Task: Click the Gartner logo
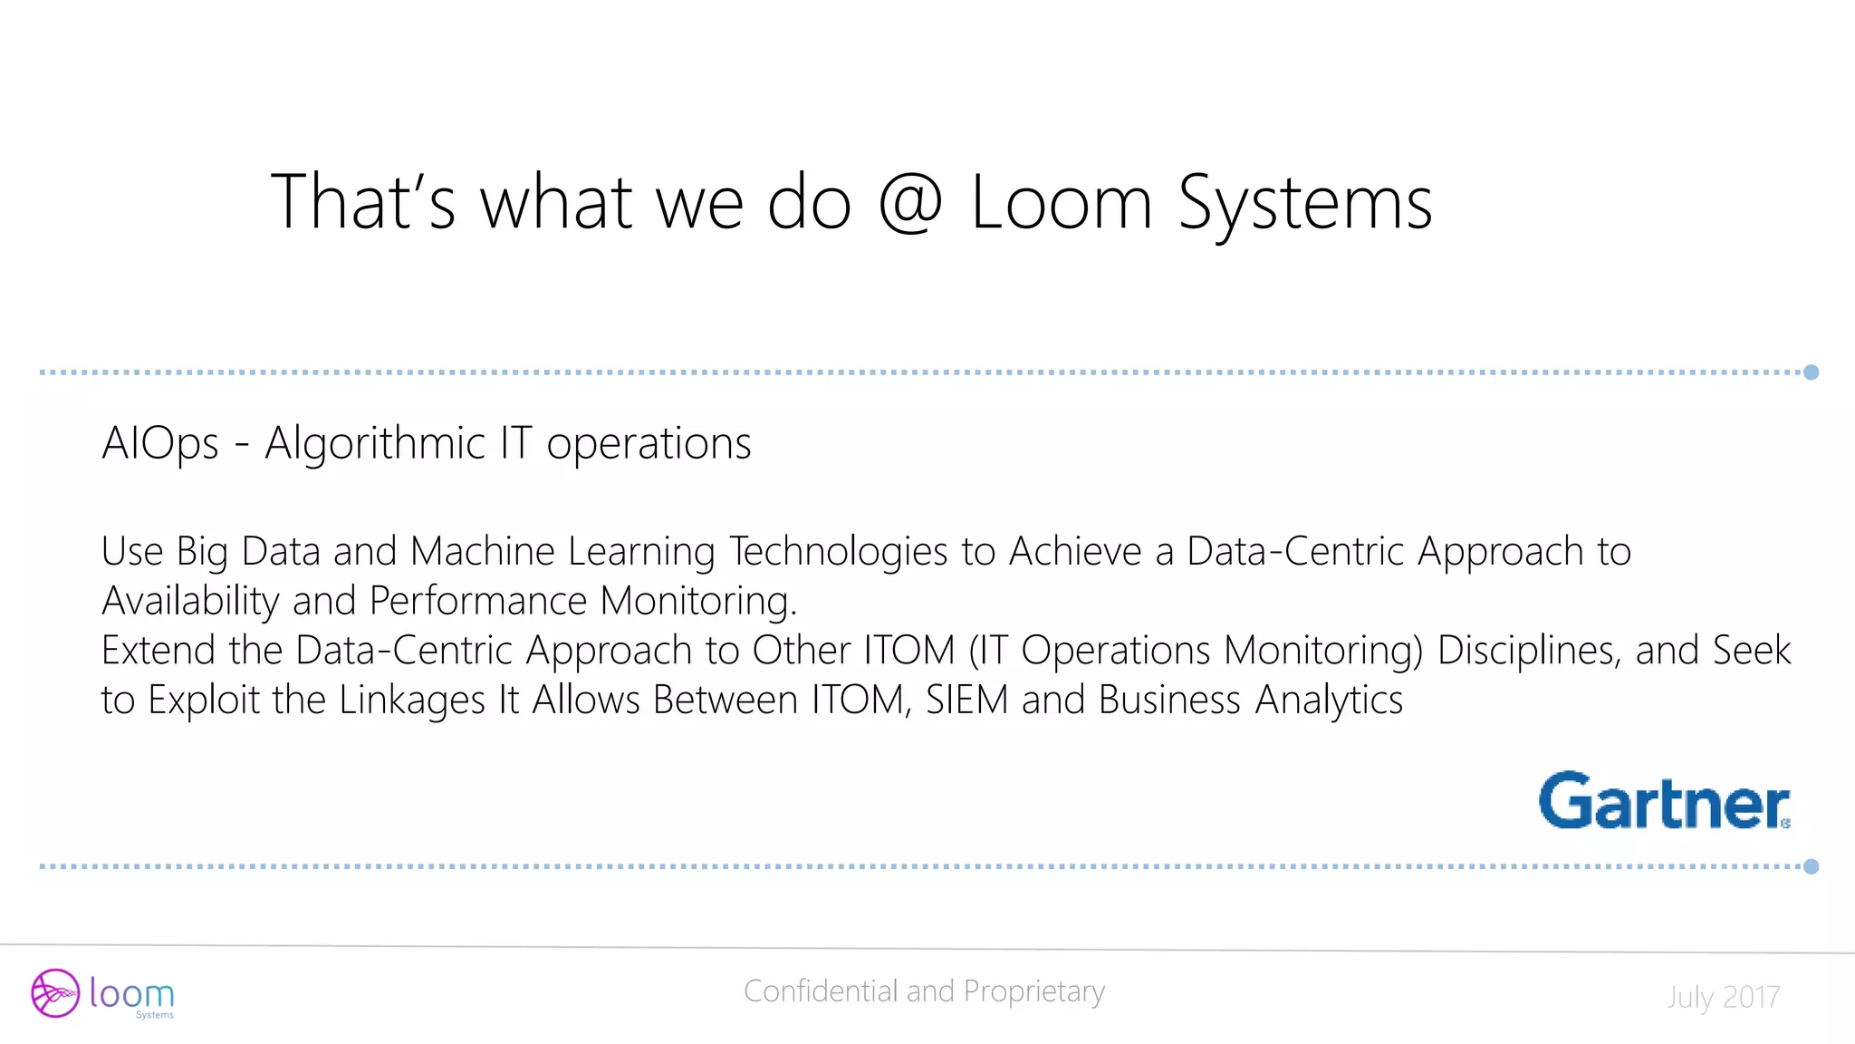(1664, 801)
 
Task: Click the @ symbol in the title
(910, 203)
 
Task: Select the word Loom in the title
(1062, 203)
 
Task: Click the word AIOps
(160, 444)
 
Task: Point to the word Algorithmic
(375, 444)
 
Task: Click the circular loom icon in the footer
(55, 993)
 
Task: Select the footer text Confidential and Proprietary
(924, 991)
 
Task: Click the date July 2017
(1723, 997)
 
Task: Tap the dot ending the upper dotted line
(1811, 372)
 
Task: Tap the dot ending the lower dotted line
(1811, 866)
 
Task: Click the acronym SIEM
(966, 700)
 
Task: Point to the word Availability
(190, 601)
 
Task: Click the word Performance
(478, 601)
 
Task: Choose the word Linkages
(412, 701)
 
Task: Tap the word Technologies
(839, 552)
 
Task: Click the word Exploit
(204, 701)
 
